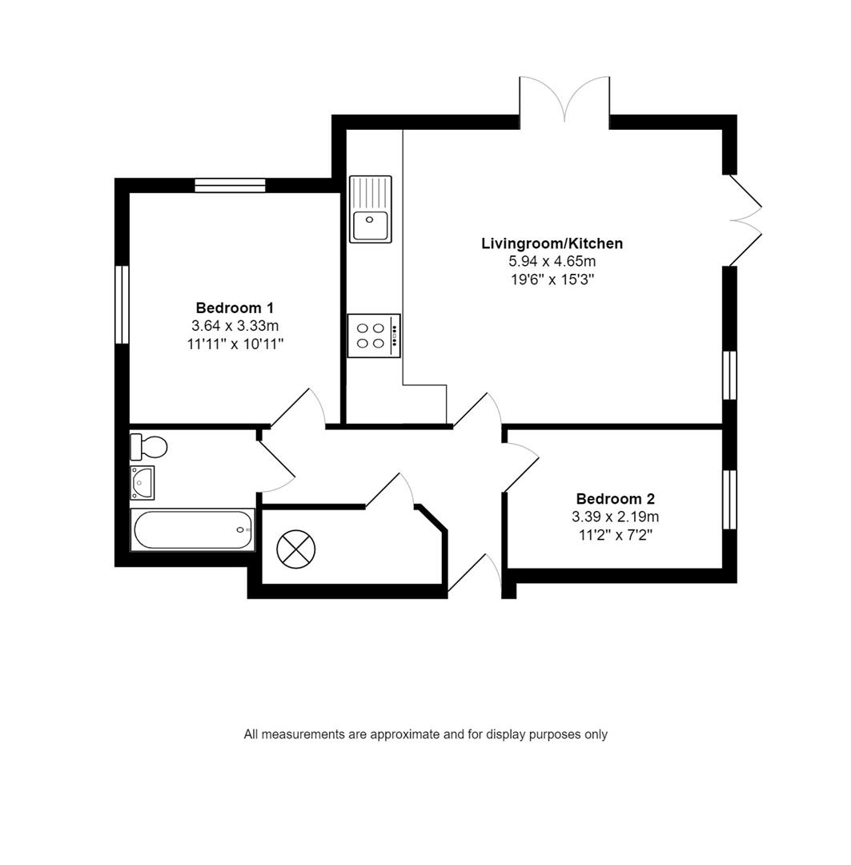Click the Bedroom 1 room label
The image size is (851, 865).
235,308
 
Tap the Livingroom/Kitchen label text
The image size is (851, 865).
552,243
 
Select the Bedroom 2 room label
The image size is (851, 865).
616,499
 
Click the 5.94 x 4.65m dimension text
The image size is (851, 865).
552,262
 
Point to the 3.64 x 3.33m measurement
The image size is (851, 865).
235,326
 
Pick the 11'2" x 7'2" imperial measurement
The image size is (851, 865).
616,536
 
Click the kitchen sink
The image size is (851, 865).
371,209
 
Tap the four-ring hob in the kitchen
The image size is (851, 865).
373,336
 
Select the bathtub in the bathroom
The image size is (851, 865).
193,530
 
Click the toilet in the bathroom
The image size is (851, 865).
149,446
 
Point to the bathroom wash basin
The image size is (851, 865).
143,482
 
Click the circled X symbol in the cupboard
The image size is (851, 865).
296,549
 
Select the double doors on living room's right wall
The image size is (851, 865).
744,220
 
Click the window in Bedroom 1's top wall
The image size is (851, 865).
230,186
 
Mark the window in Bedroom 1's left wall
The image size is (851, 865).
122,304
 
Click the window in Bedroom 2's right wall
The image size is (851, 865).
729,500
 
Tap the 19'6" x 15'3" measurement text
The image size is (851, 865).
552,280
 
